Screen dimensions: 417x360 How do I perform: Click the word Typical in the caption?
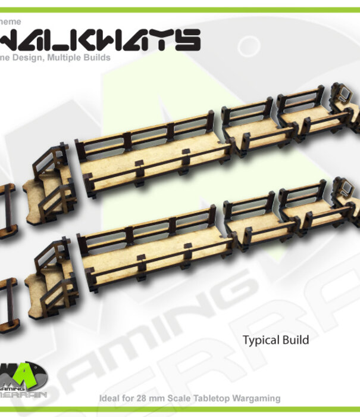click(261, 341)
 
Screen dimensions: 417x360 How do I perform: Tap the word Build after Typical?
click(296, 341)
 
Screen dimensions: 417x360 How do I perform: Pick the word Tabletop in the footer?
click(210, 399)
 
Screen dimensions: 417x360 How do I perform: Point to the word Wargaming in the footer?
click(256, 399)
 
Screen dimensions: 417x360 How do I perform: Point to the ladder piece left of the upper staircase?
click(7, 208)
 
